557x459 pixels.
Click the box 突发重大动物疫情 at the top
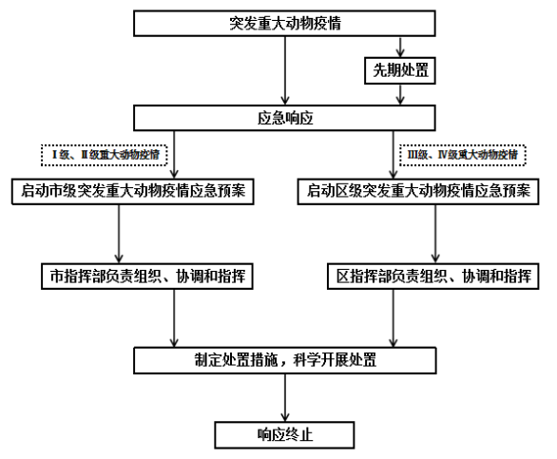tap(284, 24)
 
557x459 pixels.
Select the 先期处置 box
tap(400, 70)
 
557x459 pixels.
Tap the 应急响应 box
tap(284, 118)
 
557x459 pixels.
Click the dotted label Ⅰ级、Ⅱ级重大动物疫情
tap(105, 155)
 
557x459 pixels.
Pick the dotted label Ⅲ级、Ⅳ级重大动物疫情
tap(463, 155)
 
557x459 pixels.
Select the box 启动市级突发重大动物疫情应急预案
tap(133, 191)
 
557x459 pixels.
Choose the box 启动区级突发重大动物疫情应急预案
tap(418, 191)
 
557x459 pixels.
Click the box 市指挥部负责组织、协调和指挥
tap(147, 277)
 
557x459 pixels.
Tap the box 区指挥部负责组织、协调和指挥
tap(433, 277)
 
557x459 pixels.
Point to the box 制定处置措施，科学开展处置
tap(285, 360)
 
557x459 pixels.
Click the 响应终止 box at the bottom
tap(284, 435)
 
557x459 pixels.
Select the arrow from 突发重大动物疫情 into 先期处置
tap(400, 47)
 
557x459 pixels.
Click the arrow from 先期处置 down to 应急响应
tap(400, 94)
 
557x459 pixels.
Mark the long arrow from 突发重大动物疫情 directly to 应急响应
tap(285, 70)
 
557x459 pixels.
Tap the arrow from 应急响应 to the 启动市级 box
tap(174, 155)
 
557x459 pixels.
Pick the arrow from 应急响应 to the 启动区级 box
tap(393, 155)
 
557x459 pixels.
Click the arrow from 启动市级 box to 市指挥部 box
tap(119, 234)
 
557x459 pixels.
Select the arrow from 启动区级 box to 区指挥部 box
tap(435, 234)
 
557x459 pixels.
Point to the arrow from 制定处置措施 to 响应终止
tap(285, 398)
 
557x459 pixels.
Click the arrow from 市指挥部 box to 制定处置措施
tap(174, 318)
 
